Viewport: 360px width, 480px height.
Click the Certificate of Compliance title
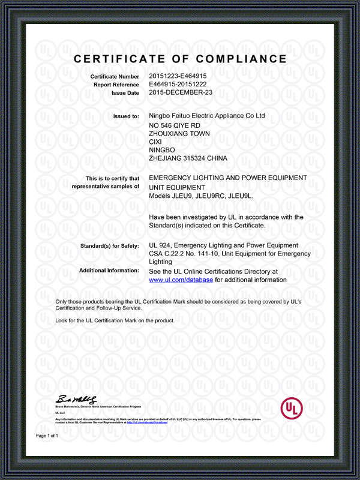click(x=180, y=59)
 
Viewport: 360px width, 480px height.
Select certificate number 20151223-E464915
click(x=178, y=77)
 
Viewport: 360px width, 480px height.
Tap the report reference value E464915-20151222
click(x=178, y=85)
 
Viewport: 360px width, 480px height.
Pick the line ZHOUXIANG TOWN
click(x=179, y=133)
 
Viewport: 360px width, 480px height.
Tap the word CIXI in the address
click(x=155, y=142)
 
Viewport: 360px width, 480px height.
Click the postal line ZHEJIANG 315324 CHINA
click(x=188, y=158)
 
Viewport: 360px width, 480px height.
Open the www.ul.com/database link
click(x=181, y=280)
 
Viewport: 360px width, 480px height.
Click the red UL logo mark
click(x=292, y=409)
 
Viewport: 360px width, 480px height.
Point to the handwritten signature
click(x=76, y=399)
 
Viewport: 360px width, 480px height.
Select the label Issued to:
click(x=126, y=116)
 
